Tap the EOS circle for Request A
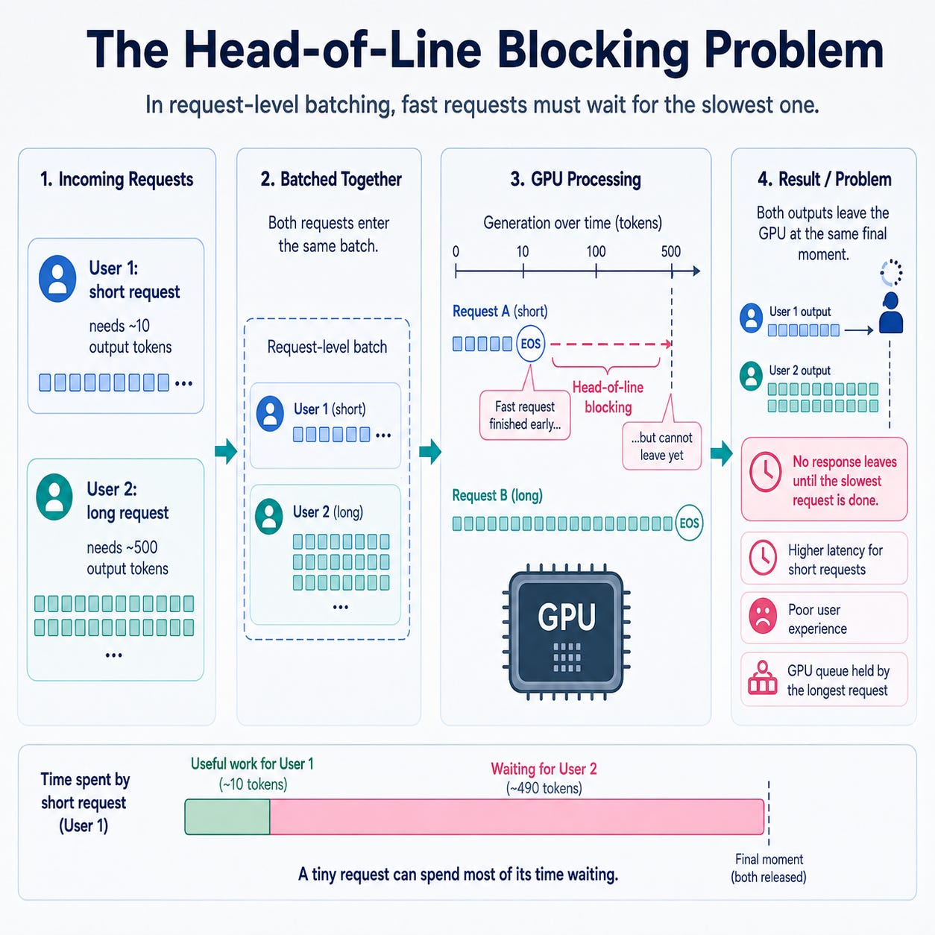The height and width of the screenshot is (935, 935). (530, 344)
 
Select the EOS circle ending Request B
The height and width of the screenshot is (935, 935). (689, 523)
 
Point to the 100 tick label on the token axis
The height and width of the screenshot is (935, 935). (596, 251)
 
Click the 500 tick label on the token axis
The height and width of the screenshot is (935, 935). (670, 251)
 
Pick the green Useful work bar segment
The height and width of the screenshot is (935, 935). (227, 817)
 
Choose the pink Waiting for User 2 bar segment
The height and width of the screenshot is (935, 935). (517, 817)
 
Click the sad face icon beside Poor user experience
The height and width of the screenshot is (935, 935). (763, 616)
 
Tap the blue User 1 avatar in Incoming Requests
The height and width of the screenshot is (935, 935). (57, 279)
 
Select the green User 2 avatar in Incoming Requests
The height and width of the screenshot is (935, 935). (54, 497)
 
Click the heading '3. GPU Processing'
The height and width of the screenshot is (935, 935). (576, 179)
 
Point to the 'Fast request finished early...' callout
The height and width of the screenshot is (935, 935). (525, 415)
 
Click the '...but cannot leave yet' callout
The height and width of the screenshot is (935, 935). (662, 447)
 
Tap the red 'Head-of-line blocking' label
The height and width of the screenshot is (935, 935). (608, 397)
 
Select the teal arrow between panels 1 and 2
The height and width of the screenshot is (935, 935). (226, 451)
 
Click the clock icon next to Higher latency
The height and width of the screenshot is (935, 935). (764, 558)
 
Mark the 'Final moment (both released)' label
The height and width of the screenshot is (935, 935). (769, 868)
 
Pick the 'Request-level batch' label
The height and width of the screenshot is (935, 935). (327, 347)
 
